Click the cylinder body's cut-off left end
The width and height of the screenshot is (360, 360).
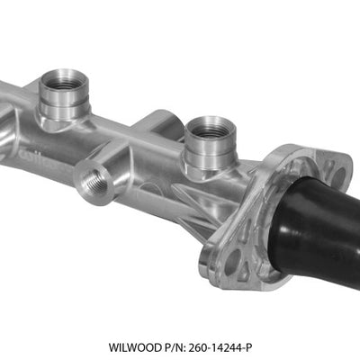tap(7, 121)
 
